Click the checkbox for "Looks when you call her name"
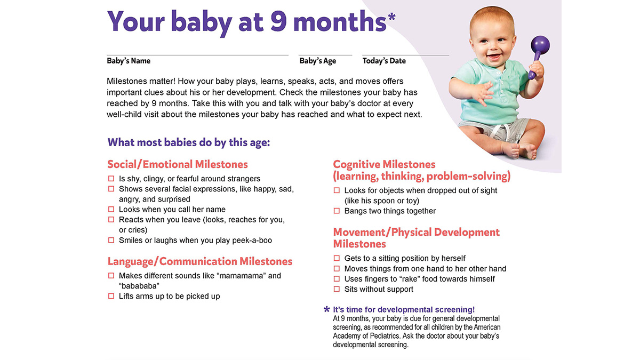pyautogui.click(x=111, y=209)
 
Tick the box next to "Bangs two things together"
pyautogui.click(x=337, y=211)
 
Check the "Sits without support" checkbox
pyautogui.click(x=337, y=289)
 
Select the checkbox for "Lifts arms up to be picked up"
pyautogui.click(x=111, y=296)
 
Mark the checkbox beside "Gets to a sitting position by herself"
pyautogui.click(x=337, y=258)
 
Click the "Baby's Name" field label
pyautogui.click(x=129, y=61)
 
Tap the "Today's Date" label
pyautogui.click(x=384, y=61)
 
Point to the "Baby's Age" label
pyautogui.click(x=318, y=61)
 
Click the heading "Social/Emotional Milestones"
pyautogui.click(x=178, y=164)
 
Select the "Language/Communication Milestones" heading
pyautogui.click(x=200, y=261)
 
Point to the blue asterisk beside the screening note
pyautogui.click(x=327, y=310)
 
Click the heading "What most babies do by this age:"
pyautogui.click(x=189, y=142)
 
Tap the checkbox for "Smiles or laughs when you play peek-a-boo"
pyautogui.click(x=111, y=240)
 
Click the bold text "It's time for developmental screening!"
pyautogui.click(x=404, y=310)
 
